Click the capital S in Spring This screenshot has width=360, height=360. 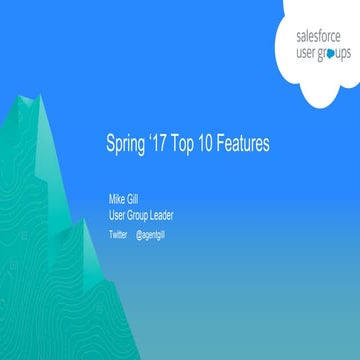110,144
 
